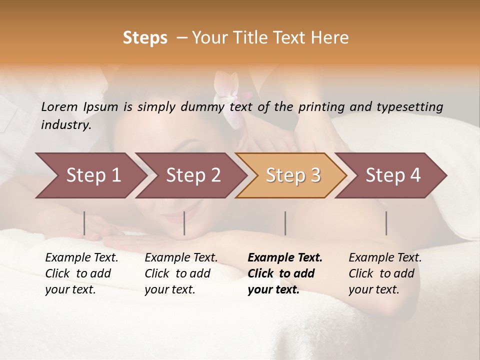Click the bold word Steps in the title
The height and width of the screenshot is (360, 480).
coord(145,37)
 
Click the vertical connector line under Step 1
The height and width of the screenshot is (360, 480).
coord(84,223)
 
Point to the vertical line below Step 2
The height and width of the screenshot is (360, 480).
coord(184,223)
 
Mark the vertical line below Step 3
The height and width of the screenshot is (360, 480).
coord(285,223)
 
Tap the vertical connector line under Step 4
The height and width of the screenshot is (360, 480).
coord(386,223)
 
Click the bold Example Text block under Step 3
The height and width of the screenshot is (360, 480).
coord(285,273)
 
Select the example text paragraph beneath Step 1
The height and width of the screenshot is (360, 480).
coord(81,273)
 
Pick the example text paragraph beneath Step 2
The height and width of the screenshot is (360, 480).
coord(181,273)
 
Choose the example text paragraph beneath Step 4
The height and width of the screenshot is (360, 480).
coord(385,273)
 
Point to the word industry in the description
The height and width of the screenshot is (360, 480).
coord(65,124)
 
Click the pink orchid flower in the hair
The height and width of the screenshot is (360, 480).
coord(230,97)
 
